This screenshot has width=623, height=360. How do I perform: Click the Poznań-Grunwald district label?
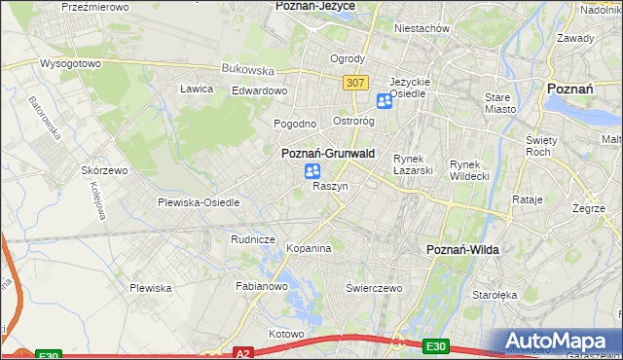[328, 154]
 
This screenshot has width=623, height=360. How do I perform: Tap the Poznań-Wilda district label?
[463, 250]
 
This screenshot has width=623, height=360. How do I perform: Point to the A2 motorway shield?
[243, 353]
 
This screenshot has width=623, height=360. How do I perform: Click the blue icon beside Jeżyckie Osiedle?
[385, 100]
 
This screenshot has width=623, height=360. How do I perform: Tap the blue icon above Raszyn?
[312, 171]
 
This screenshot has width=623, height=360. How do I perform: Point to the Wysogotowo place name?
[70, 63]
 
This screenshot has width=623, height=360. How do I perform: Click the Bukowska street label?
[248, 70]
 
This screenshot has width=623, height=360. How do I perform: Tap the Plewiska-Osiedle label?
[199, 202]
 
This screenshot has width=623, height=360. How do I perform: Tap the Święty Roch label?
[538, 146]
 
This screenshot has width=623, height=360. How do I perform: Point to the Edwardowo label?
[259, 90]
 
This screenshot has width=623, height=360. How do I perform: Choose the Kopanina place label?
[310, 249]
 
